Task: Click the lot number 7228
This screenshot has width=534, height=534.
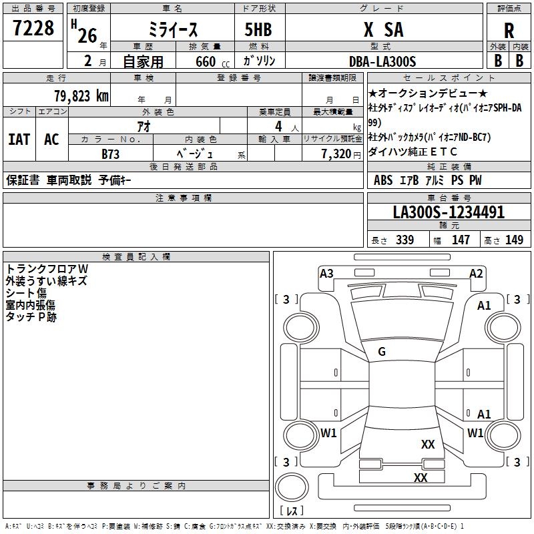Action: (34, 29)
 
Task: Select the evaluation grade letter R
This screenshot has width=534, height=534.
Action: (509, 31)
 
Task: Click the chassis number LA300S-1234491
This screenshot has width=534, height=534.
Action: (449, 213)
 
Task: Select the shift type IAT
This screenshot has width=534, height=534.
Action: (19, 140)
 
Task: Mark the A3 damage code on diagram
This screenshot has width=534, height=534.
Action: (326, 273)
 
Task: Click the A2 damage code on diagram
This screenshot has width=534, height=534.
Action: (476, 273)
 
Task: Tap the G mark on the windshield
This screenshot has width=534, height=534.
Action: (382, 352)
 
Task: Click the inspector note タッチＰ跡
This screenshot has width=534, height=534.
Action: (31, 317)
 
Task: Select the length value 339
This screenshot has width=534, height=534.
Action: (404, 240)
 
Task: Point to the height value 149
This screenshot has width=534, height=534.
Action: (514, 240)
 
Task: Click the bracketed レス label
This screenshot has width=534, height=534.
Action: (291, 511)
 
